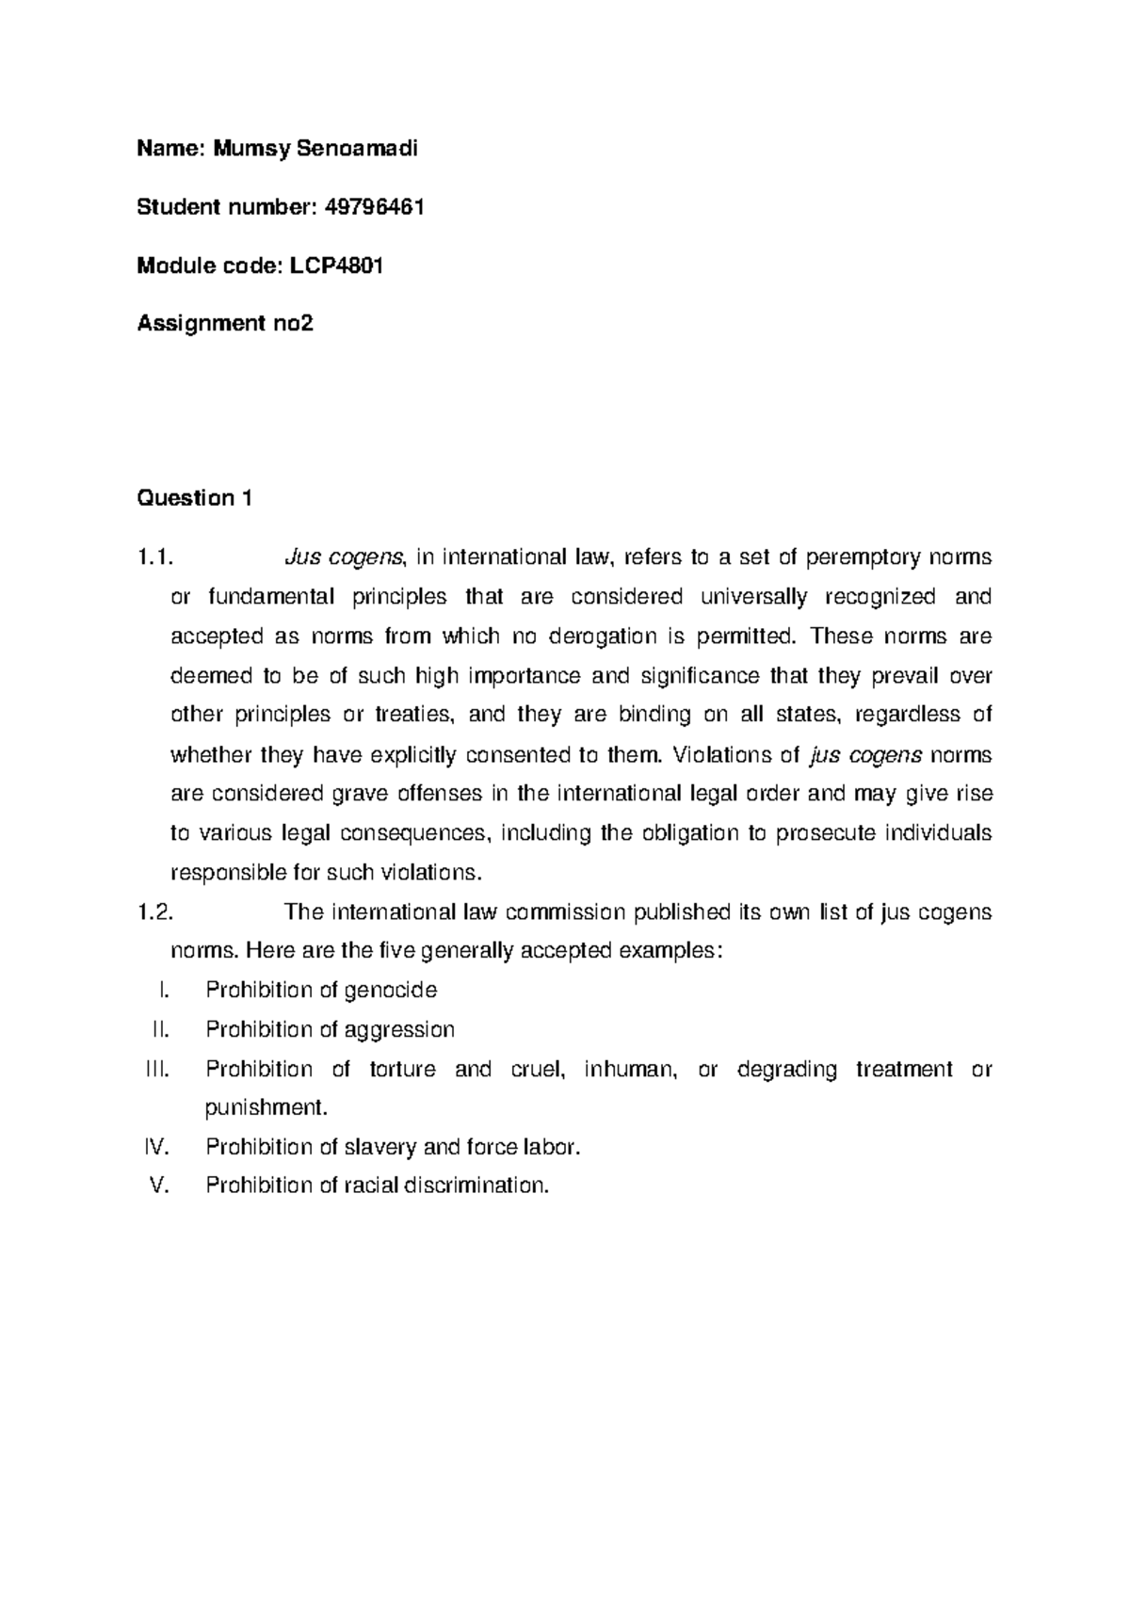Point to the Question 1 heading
194,498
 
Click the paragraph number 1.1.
155,557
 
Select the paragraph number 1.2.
155,912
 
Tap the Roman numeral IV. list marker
155,1147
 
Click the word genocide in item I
391,991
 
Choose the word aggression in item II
399,1030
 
